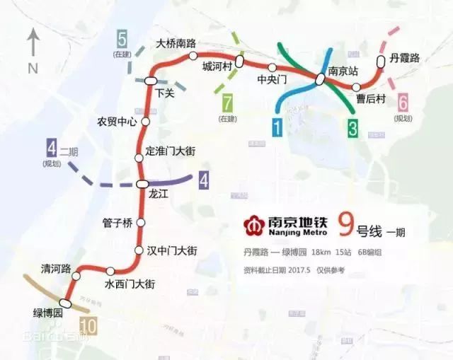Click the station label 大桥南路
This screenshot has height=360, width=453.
(176, 43)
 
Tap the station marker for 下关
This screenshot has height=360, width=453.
(151, 81)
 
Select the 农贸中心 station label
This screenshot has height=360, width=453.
(117, 122)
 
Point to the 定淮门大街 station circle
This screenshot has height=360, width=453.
(139, 156)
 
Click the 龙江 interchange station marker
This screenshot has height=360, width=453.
(144, 185)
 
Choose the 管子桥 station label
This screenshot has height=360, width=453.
(117, 223)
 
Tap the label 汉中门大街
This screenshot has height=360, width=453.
(171, 250)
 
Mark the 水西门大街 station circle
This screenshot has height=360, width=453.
(110, 271)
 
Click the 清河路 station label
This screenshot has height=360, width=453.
(56, 269)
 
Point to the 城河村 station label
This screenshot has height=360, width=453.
(216, 66)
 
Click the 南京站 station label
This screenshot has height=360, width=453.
(343, 72)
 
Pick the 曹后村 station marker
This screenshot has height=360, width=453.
(357, 87)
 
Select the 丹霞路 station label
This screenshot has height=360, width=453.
(405, 58)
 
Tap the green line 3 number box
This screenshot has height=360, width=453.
(353, 128)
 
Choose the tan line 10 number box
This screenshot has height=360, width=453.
(88, 327)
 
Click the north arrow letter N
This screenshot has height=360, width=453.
(33, 69)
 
